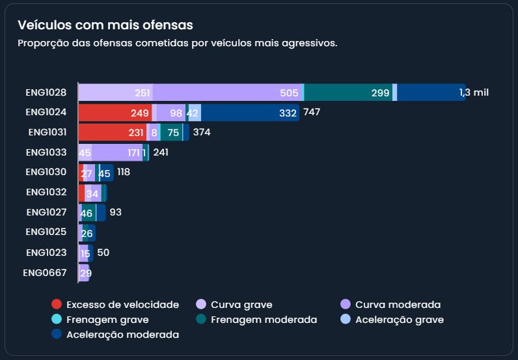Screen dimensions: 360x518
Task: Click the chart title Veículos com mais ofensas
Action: point(105,25)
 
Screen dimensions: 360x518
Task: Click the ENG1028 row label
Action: point(46,92)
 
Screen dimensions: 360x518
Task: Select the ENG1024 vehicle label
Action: point(46,112)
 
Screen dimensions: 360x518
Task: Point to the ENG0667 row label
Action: point(45,273)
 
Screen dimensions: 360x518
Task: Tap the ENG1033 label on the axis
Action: point(46,152)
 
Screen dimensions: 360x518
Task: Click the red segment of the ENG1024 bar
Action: point(115,113)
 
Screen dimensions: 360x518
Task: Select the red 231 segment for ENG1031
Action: point(112,132)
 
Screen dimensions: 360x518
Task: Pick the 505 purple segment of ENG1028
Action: point(228,92)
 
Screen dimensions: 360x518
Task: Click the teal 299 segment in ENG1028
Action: point(348,92)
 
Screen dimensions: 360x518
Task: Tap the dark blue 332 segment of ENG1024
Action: point(250,113)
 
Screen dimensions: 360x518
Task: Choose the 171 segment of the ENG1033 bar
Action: point(117,152)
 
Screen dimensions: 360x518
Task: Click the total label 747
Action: point(312,112)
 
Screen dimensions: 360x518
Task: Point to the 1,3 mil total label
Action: point(474,92)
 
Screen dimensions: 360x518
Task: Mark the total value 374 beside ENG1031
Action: point(202,132)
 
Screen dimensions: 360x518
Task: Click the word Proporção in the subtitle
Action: point(40,43)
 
